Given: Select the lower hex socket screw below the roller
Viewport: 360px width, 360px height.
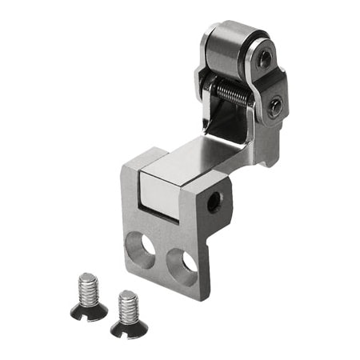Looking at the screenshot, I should point(274,106).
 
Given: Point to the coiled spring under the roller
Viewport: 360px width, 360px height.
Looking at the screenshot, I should point(232,94).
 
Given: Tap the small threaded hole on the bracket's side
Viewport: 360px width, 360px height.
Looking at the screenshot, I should point(213,203).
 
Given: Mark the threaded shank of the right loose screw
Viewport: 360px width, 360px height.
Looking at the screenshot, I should point(129,306).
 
